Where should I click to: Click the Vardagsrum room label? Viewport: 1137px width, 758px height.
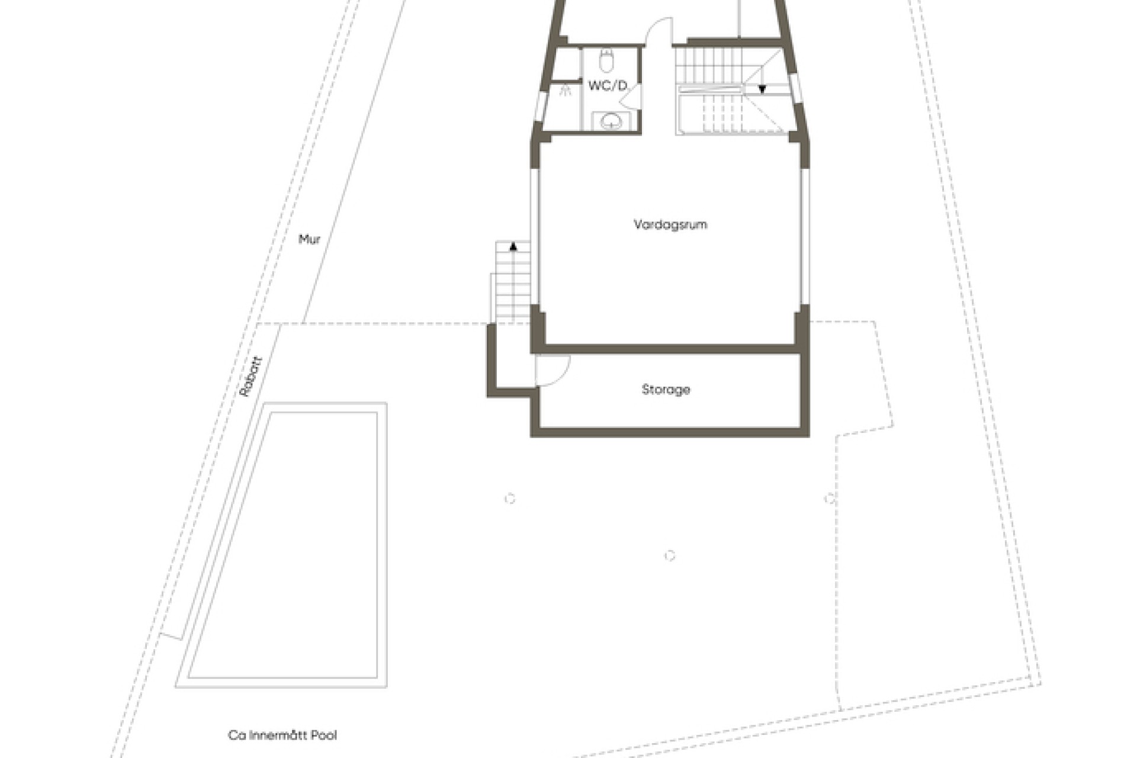[670, 224]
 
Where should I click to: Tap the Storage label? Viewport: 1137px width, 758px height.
[666, 390]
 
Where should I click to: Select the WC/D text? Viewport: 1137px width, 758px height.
[607, 86]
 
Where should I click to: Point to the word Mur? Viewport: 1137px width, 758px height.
[309, 239]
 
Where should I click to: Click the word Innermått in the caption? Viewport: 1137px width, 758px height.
[278, 735]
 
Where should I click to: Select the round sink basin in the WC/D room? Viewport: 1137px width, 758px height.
[610, 122]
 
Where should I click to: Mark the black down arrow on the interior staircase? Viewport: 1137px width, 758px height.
[762, 89]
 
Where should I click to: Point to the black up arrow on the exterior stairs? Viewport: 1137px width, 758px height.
[513, 246]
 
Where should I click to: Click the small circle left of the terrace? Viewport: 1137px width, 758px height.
[509, 499]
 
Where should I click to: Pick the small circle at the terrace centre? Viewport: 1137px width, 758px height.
[670, 555]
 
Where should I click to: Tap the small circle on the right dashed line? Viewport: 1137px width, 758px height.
[830, 498]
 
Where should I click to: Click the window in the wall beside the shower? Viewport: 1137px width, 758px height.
[540, 107]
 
